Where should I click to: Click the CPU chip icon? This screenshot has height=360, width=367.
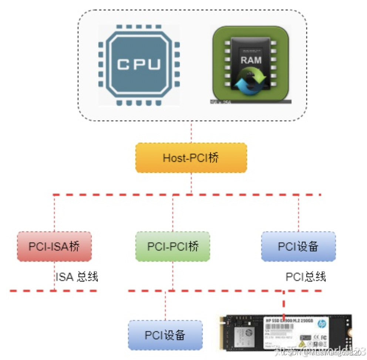tap(139, 65)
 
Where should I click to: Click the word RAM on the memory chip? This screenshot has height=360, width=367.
tap(251, 60)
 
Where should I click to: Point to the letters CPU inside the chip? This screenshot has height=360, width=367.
tap(139, 65)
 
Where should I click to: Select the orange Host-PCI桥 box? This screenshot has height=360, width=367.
tap(191, 158)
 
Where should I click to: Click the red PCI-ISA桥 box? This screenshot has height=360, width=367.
tap(54, 247)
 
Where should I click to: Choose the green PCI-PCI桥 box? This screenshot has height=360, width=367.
tap(173, 247)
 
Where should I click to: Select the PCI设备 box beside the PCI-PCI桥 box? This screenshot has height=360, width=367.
tap(298, 247)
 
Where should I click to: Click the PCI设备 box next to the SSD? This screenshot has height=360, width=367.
tap(165, 335)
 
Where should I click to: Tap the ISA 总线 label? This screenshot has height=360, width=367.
tap(77, 276)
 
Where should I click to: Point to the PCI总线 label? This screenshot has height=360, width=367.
tap(306, 276)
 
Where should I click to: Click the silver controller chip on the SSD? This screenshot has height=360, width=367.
tap(245, 334)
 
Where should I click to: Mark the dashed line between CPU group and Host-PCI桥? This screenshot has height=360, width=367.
tap(191, 132)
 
